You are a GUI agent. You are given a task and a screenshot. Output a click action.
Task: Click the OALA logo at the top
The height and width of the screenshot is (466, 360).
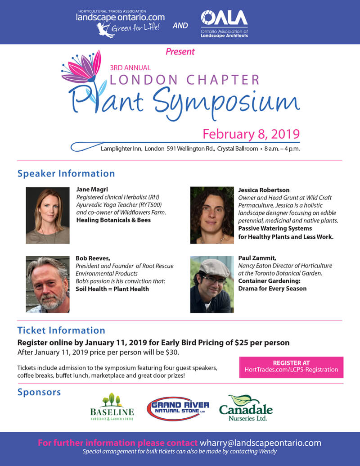tap(224, 23)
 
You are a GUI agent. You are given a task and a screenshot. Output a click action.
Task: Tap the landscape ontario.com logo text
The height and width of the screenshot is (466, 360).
tap(120, 18)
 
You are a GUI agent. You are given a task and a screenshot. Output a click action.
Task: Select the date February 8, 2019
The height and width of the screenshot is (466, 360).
tap(251, 134)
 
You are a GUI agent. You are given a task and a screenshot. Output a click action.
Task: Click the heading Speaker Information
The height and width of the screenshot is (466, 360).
tap(66, 173)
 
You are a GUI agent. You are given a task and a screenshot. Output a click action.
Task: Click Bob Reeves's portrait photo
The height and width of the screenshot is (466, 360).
tap(47, 284)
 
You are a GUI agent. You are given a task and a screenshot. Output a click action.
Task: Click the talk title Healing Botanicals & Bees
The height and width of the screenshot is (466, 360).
tap(113, 220)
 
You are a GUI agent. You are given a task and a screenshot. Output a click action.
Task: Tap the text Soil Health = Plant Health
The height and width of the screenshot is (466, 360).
tap(112, 289)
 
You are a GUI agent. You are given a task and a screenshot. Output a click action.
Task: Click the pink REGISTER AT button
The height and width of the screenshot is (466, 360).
tap(291, 366)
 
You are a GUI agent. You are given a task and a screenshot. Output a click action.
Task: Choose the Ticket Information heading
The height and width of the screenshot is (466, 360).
tap(61, 330)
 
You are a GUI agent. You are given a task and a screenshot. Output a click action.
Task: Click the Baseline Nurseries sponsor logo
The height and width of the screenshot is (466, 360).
tap(112, 407)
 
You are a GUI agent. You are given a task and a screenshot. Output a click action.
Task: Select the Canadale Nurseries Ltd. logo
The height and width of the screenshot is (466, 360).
tap(246, 408)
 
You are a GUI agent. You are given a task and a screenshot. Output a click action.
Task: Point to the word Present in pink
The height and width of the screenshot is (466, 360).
tap(180, 51)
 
